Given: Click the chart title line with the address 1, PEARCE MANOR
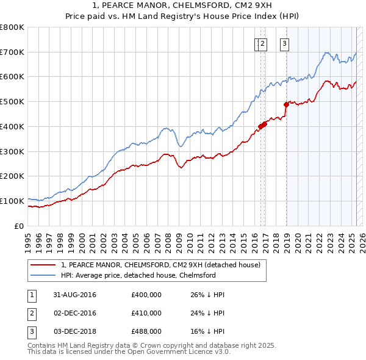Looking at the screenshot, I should [183, 6].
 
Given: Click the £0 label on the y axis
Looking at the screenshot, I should [20, 226].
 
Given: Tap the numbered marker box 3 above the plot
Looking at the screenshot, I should [285, 43].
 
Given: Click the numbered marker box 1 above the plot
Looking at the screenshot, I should [258, 43].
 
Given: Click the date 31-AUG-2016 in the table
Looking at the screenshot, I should [75, 295].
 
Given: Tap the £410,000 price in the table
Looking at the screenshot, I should [146, 313].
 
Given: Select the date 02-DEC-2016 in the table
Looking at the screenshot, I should [75, 313].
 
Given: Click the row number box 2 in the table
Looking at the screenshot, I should [31, 313].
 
